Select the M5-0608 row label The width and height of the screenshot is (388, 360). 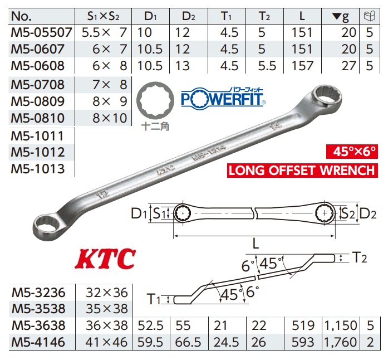pos(37,66)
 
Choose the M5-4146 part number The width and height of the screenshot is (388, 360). pos(38,342)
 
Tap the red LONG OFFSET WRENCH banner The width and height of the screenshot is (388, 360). pos(301,171)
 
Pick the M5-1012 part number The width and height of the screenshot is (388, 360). pos(37,152)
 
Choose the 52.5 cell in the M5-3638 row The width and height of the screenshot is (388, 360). pos(149,325)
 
